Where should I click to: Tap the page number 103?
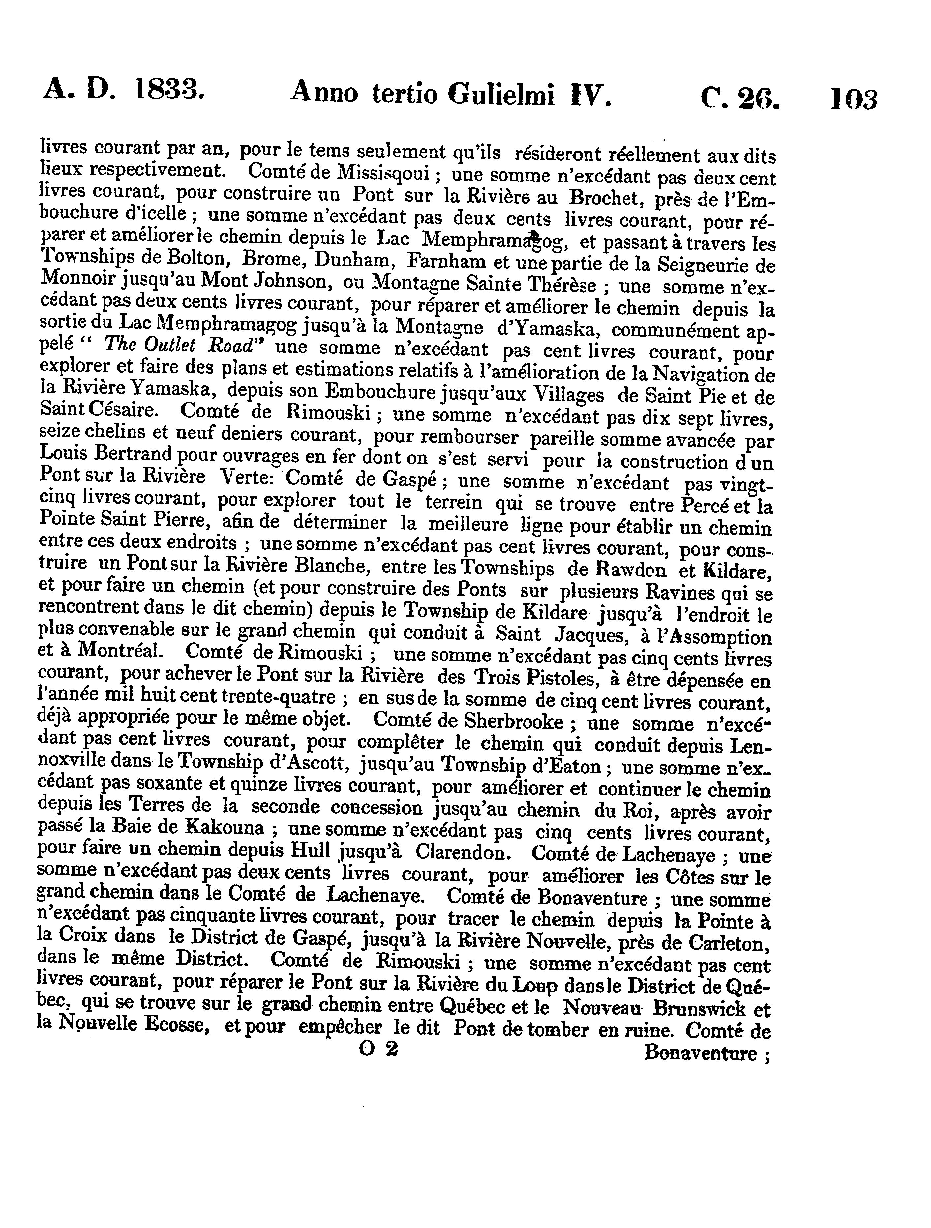click(854, 99)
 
